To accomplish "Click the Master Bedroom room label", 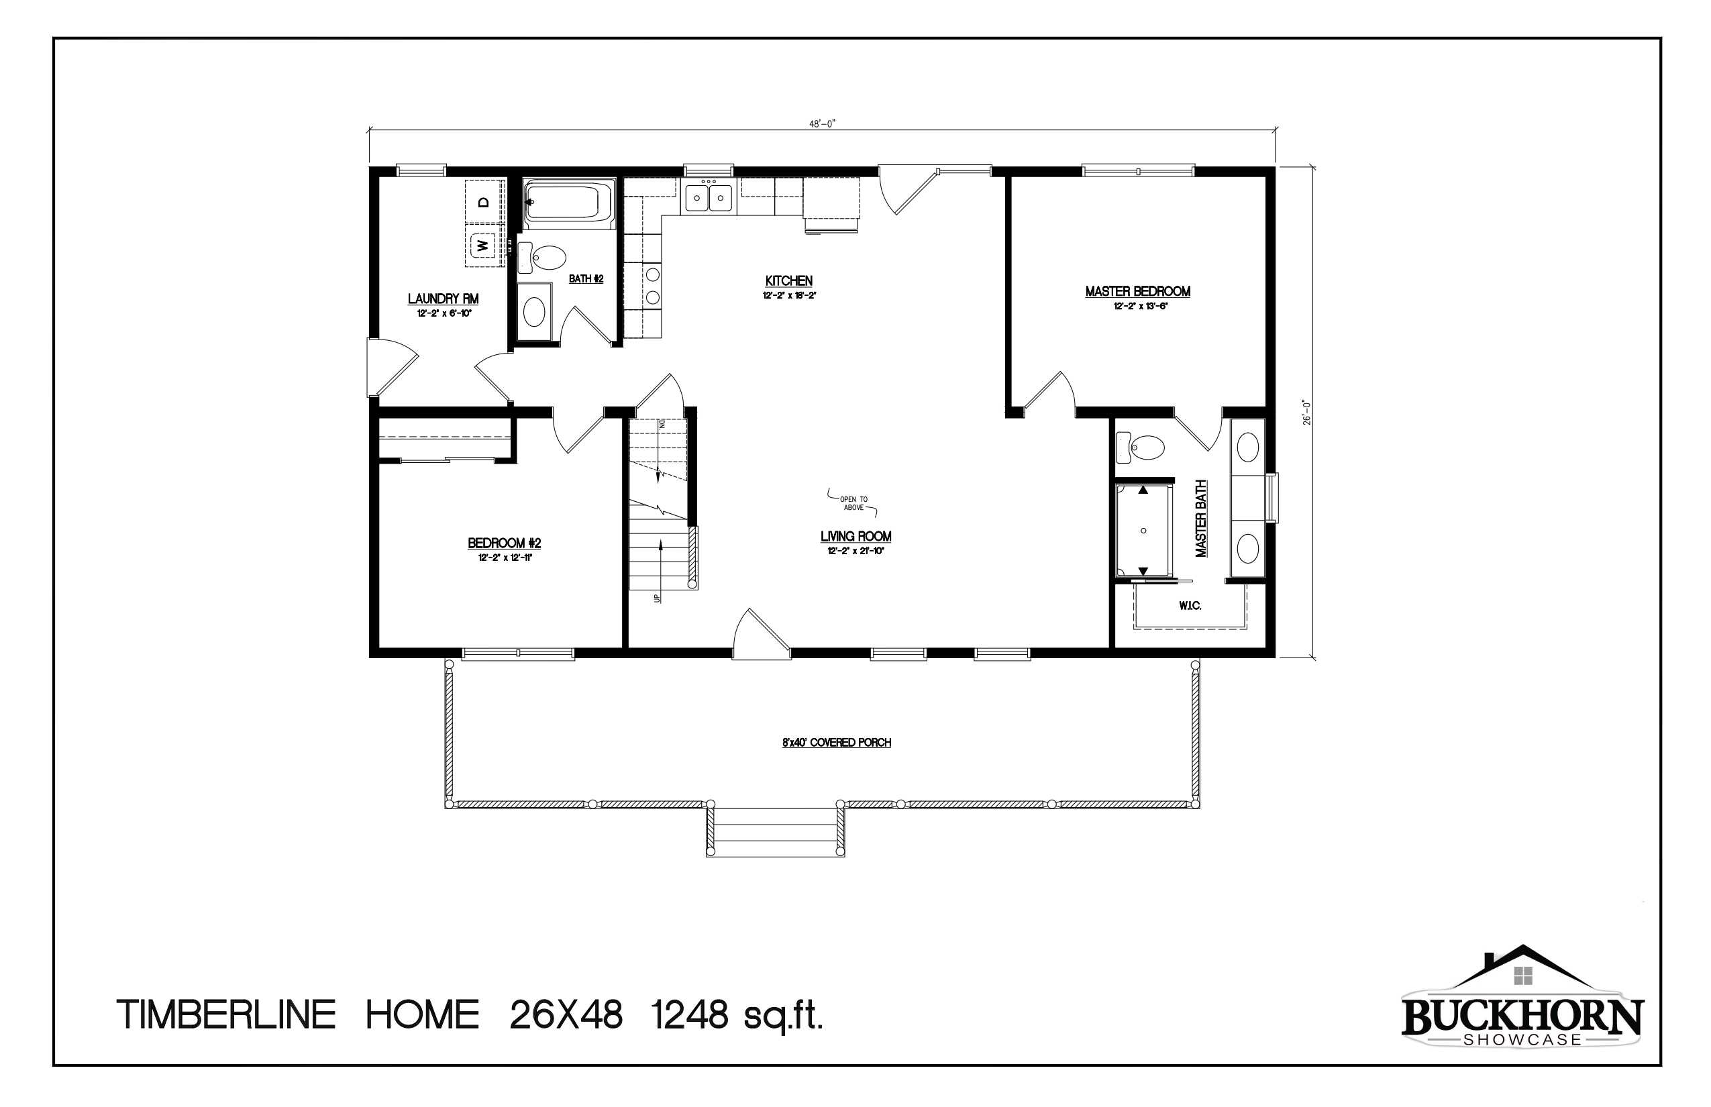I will pos(1137,292).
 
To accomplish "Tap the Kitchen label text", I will pos(788,281).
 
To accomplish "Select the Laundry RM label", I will pos(443,299).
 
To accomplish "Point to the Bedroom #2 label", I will pos(504,543).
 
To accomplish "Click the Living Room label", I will pos(855,537).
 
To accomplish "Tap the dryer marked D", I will pos(484,202).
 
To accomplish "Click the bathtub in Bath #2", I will pos(568,202).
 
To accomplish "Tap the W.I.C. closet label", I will pos(1190,606).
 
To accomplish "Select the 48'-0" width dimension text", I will pos(822,123).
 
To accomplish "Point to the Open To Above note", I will pos(853,503).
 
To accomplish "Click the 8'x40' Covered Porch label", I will pos(836,743).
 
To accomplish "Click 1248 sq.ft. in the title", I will pos(737,1016).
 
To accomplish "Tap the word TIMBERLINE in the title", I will pos(225,1016).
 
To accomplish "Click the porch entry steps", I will pos(775,832).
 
